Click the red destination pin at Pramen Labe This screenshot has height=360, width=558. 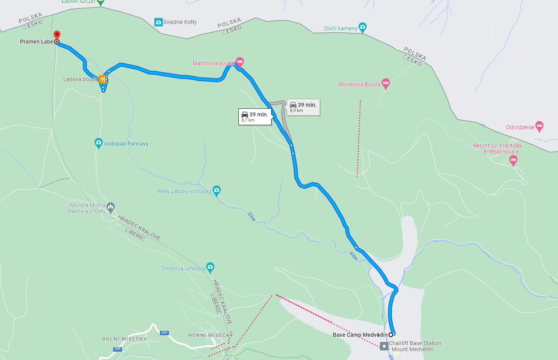(x=57, y=35)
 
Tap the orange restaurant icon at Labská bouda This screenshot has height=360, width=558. (x=103, y=79)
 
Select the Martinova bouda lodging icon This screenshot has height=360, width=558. (x=240, y=62)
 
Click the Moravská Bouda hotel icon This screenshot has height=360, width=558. (x=386, y=84)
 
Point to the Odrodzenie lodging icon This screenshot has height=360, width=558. (x=539, y=126)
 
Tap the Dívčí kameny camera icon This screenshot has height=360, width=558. (x=362, y=28)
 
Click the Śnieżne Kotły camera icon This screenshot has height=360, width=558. (x=158, y=22)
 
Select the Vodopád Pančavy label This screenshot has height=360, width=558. (x=126, y=144)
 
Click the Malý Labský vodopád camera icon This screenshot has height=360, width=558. (x=217, y=190)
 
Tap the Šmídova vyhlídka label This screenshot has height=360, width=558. (x=183, y=268)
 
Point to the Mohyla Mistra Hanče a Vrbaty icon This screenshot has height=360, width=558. (x=111, y=207)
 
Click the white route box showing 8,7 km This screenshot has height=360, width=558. (x=255, y=116)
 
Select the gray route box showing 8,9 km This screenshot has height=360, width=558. (x=303, y=107)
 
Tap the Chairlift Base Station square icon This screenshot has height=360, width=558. (x=384, y=346)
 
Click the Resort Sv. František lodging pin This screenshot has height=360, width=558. (x=513, y=160)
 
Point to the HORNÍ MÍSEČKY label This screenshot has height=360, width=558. (x=210, y=335)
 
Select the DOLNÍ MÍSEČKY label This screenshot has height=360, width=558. (x=124, y=339)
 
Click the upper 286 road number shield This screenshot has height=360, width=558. (x=164, y=333)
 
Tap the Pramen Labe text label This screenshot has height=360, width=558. (x=36, y=42)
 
